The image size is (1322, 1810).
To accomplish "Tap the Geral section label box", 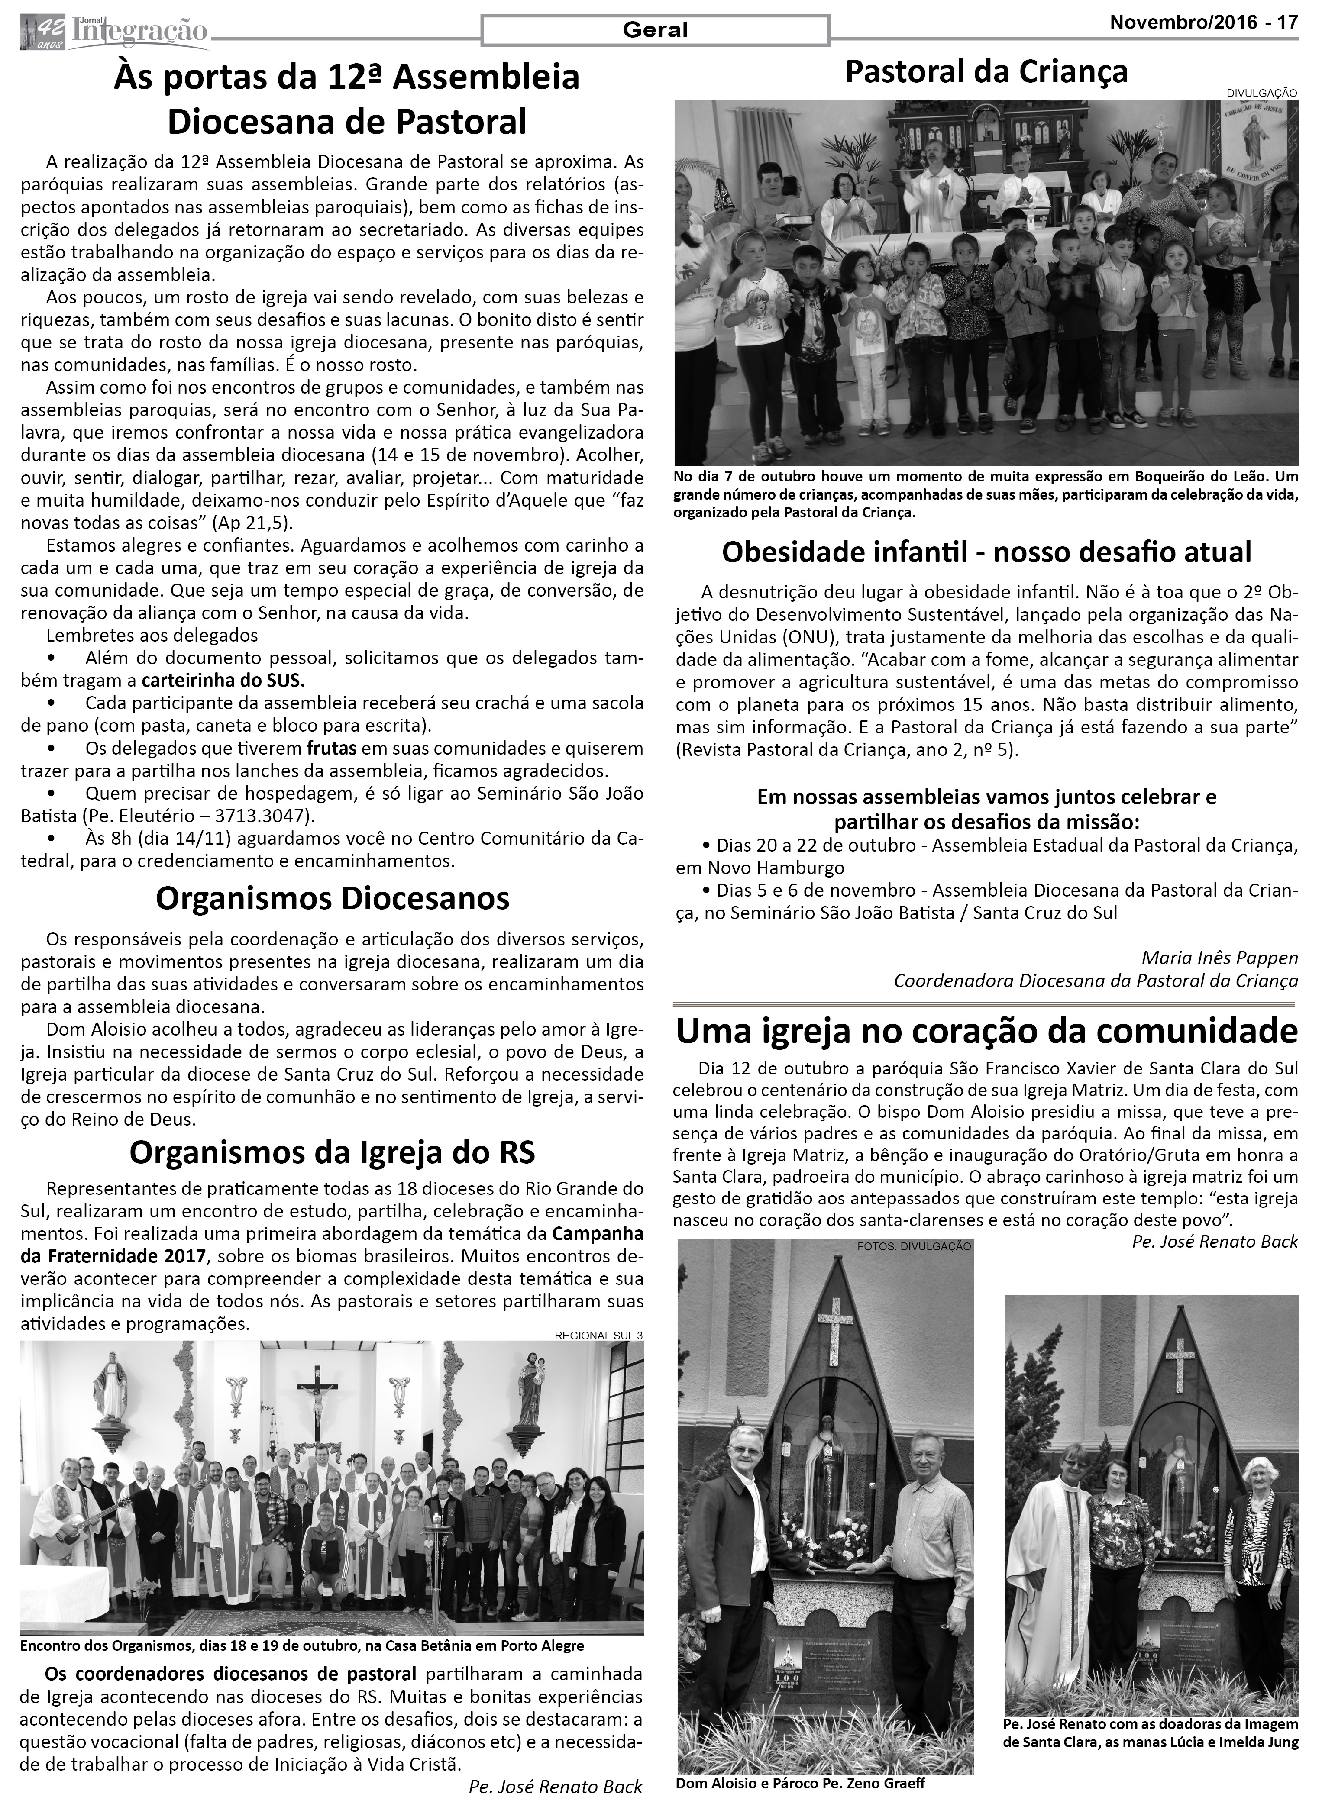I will [655, 30].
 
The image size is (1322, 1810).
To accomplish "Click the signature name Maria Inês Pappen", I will [1219, 958].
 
